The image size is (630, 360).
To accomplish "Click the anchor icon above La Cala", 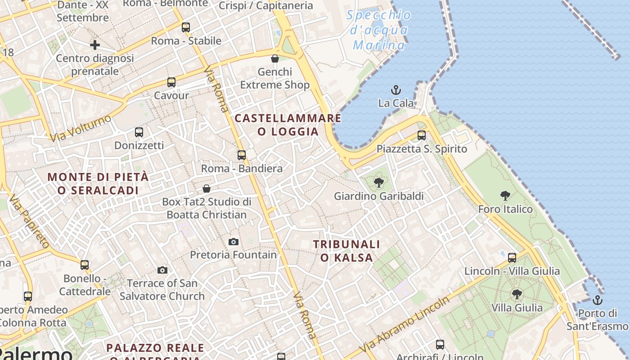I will coord(396,90).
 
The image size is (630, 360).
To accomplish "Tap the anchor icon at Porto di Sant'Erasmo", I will coord(598,300).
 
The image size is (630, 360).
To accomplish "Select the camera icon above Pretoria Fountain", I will coord(233,242).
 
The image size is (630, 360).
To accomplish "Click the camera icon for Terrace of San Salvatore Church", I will coord(162,270).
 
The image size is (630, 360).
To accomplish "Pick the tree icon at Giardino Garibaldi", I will coord(379,183).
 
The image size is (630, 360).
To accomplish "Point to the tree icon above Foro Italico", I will coord(505,196).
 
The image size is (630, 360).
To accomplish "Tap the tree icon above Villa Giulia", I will coord(517,294).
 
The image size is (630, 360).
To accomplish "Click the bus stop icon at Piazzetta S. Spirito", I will coord(422,135).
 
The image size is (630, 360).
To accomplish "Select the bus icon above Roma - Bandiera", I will coord(242,155).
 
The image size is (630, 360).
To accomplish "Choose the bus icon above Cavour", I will coord(171,82).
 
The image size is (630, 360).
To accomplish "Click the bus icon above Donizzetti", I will coord(139,132).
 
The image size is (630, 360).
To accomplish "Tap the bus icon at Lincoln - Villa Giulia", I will coord(512,258).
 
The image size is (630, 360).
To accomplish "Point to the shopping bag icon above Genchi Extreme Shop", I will coord(275,58).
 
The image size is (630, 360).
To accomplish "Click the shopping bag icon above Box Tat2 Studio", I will coord(207,188).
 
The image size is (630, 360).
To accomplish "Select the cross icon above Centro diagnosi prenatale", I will coord(95,45).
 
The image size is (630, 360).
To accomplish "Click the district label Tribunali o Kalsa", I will coord(346,251).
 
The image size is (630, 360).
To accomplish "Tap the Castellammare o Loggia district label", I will coord(288,125).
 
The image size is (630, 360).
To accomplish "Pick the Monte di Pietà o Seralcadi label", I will coord(98,183).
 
